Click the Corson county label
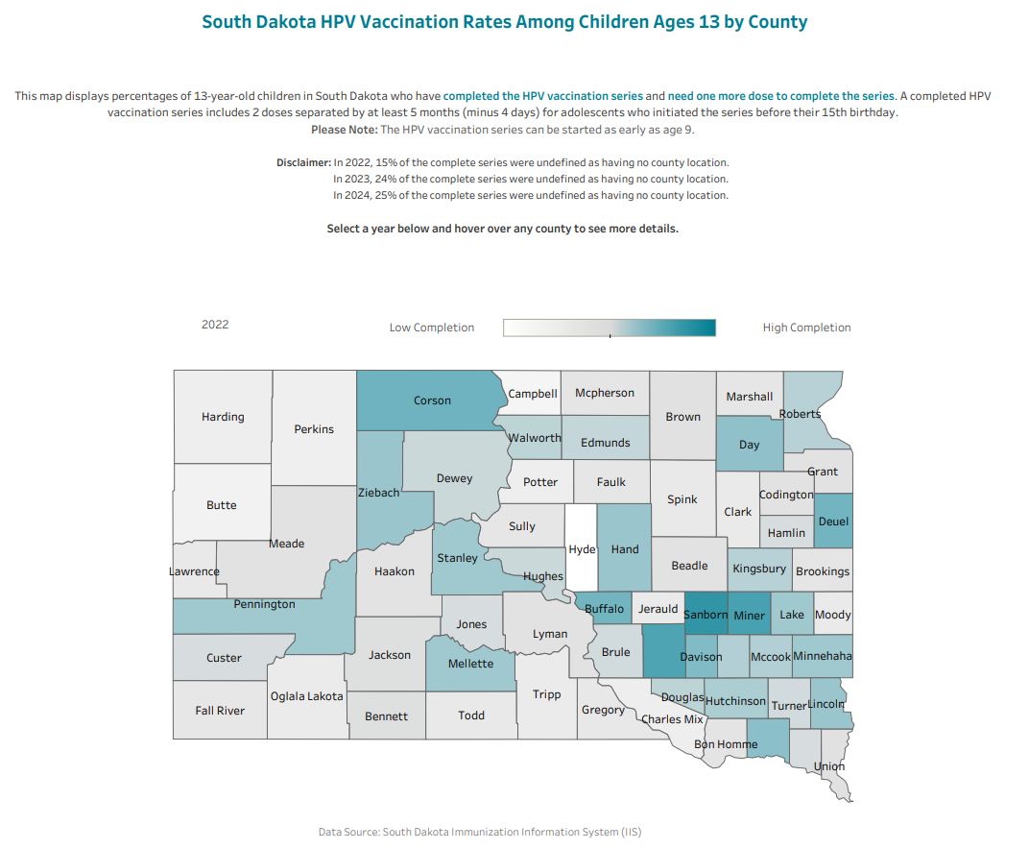click(432, 400)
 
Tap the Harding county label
click(223, 417)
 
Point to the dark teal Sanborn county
click(705, 615)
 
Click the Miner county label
click(748, 615)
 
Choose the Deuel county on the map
click(832, 522)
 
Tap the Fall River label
click(220, 711)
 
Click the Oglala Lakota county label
click(306, 696)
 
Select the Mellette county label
click(470, 664)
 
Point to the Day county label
click(750, 445)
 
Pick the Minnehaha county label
click(823, 657)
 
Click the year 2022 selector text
click(215, 325)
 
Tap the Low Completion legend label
click(432, 327)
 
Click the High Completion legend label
click(806, 327)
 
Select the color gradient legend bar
click(610, 327)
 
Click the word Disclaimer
click(303, 163)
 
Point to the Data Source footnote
click(480, 832)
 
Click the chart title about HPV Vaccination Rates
click(505, 22)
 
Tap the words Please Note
click(344, 130)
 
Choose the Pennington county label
click(264, 604)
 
